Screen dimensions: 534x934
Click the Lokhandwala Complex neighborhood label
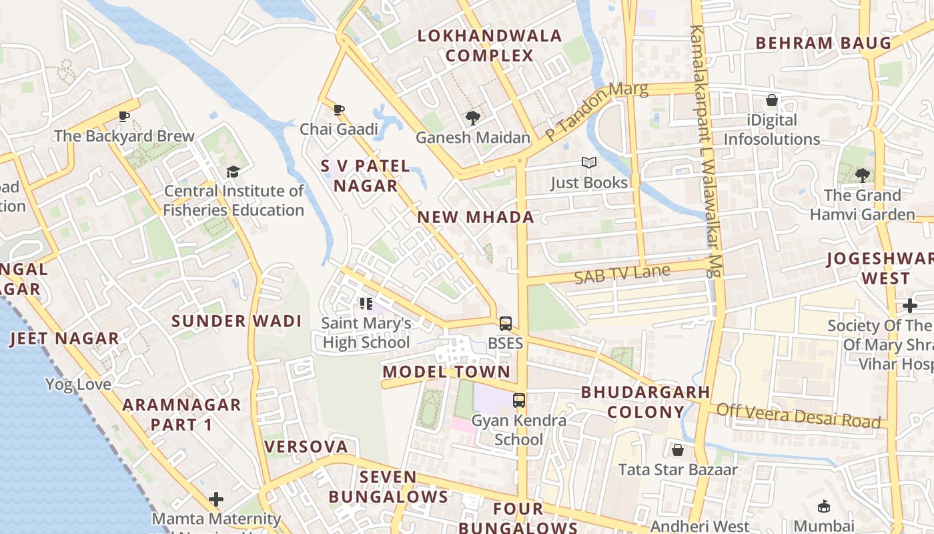(x=490, y=45)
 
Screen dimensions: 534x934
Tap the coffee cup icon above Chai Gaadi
(x=339, y=109)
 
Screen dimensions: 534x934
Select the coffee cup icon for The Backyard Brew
(x=124, y=116)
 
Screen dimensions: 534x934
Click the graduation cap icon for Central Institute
(x=233, y=172)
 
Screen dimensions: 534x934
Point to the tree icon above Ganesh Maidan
(x=473, y=118)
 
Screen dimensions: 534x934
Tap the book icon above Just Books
(x=588, y=163)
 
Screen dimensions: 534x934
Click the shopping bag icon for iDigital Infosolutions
(x=772, y=101)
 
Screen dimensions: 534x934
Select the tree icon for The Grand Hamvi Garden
(x=862, y=176)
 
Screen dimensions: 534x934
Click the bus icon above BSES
(x=506, y=324)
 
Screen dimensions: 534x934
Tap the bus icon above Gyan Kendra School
(x=518, y=400)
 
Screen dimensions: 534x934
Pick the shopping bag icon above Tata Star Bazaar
(x=678, y=450)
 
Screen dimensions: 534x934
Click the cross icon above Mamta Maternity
(x=215, y=499)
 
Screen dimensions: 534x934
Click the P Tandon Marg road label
(x=596, y=111)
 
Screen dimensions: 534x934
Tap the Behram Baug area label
(x=823, y=43)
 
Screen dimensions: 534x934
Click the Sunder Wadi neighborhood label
(x=237, y=321)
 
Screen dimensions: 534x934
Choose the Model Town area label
(x=446, y=372)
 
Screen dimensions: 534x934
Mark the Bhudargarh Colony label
(x=645, y=402)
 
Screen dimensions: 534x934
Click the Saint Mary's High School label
(x=366, y=332)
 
